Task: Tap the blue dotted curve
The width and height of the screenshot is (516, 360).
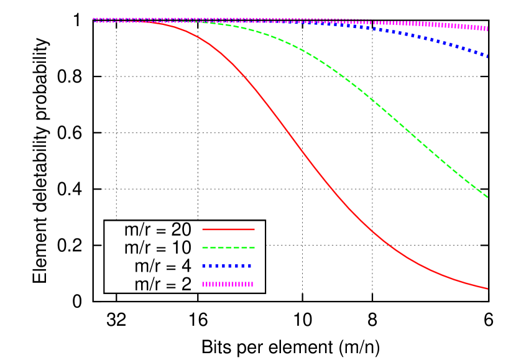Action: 435,41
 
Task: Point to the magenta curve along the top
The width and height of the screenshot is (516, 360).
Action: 404,24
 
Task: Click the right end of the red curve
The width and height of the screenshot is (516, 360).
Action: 487,288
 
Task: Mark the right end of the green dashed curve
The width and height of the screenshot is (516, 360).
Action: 487,196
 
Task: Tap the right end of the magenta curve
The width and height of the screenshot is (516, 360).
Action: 487,29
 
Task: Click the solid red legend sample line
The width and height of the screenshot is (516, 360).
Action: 228,229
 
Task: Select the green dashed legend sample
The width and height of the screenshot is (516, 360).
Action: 228,247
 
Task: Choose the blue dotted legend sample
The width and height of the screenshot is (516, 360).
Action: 227,265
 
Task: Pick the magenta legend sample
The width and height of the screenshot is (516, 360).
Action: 228,284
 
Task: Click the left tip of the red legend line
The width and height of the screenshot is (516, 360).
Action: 203,229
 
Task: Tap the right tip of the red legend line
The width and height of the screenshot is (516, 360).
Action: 254,229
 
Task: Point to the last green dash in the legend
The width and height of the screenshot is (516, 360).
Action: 251,247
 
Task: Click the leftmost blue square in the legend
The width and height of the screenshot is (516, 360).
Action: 204,265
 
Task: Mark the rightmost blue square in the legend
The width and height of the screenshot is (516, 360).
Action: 249,265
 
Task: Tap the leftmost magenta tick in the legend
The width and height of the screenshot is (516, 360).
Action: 203,284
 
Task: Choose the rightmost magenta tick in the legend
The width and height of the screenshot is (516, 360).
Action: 252,284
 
